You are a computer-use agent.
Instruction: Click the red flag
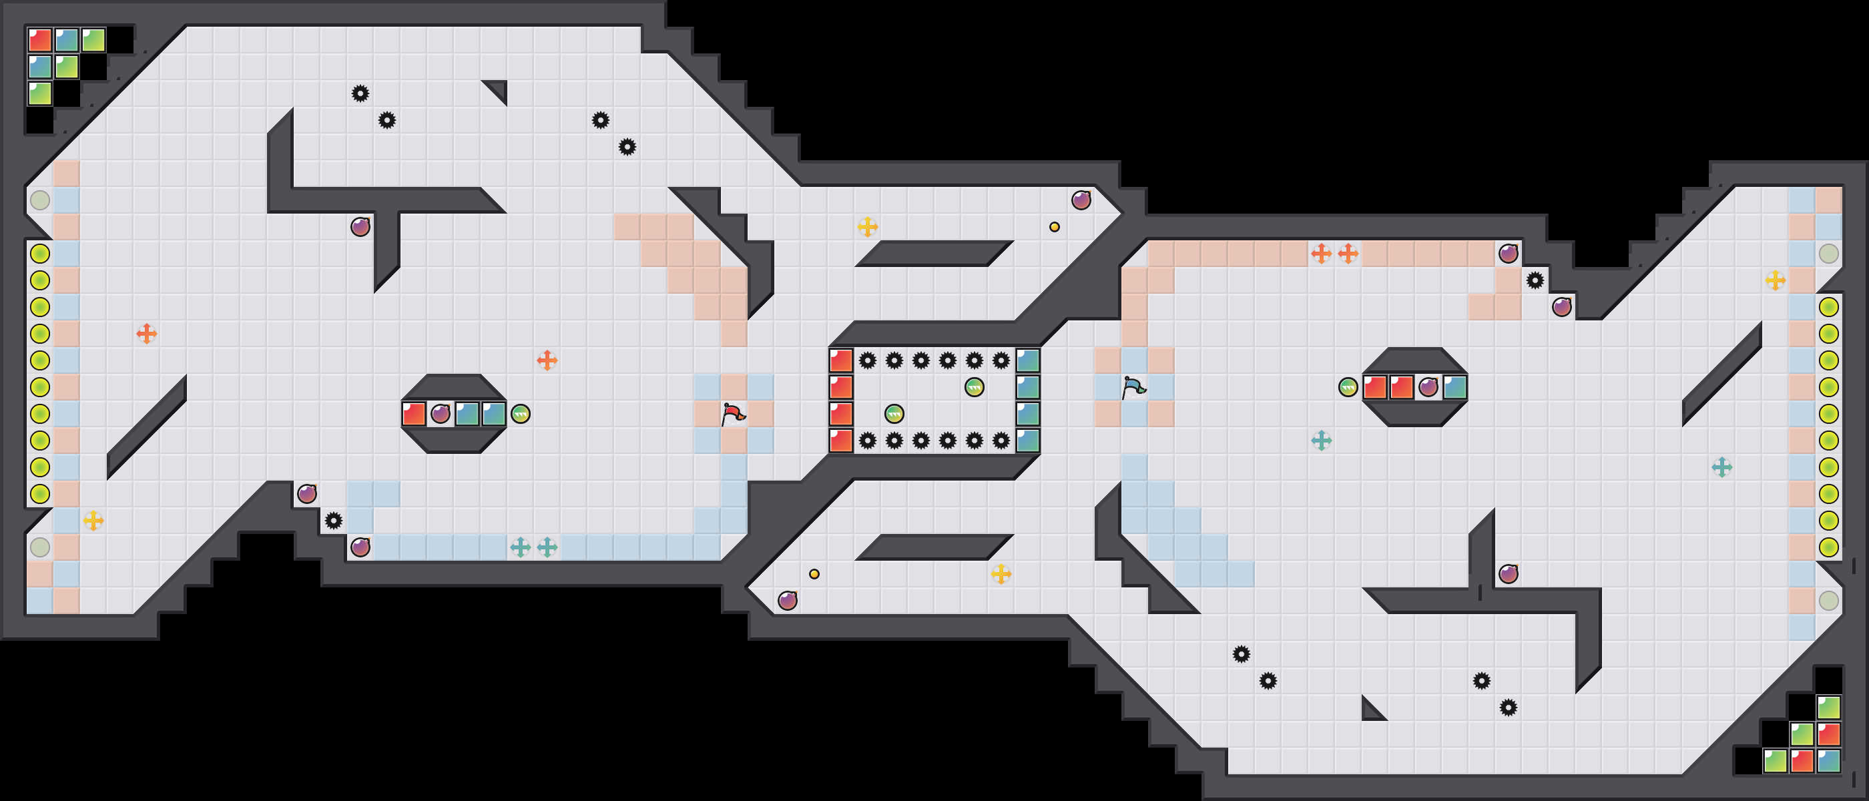(x=734, y=415)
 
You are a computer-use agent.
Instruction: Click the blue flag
(x=1134, y=387)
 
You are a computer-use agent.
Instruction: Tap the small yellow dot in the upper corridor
(x=1054, y=227)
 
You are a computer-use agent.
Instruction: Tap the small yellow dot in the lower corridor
(x=814, y=574)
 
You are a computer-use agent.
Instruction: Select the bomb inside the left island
(x=441, y=415)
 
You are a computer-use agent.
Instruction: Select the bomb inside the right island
(x=1428, y=386)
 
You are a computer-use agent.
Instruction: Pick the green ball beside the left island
(x=520, y=415)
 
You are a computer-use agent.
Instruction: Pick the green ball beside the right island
(x=1347, y=387)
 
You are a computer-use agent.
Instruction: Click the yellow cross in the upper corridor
(x=868, y=227)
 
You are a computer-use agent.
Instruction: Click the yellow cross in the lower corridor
(x=1001, y=574)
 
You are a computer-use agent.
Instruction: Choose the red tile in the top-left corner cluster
(x=40, y=40)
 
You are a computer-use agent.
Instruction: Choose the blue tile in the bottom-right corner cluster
(x=1828, y=760)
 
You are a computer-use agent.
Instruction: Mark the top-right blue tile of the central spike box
(x=1027, y=360)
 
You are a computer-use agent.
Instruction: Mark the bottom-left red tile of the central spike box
(x=841, y=441)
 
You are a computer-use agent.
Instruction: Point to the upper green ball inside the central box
(x=975, y=387)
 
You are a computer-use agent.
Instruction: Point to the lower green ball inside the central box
(x=894, y=415)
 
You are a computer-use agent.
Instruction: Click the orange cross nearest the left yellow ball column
(x=147, y=334)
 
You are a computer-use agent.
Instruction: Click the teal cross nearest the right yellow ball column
(x=1721, y=467)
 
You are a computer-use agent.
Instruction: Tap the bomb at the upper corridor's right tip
(x=1081, y=200)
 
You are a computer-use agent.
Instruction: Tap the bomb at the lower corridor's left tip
(x=787, y=601)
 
